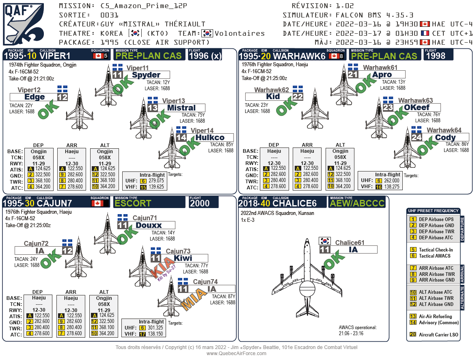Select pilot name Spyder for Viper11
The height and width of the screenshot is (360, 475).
coord(146,75)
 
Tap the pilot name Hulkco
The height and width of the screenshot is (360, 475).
coord(210,137)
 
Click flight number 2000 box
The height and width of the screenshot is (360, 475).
coord(200,203)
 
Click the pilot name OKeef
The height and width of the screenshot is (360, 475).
coord(417,108)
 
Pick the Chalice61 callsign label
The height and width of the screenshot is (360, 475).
coord(350,243)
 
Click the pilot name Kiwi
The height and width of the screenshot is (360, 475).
coord(183,258)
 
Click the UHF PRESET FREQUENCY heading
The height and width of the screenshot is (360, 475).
coord(433,211)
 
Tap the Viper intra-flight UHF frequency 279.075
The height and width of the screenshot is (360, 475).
coord(156,181)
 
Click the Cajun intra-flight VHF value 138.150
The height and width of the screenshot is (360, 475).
coord(155,334)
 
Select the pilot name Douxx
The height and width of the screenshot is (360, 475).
coord(149,225)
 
